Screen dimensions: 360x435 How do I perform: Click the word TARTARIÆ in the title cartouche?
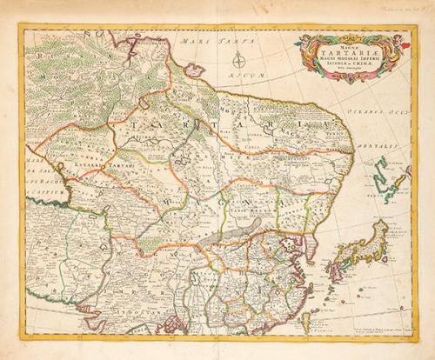click(349, 50)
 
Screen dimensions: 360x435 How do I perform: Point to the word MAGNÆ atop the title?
click(349, 41)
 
